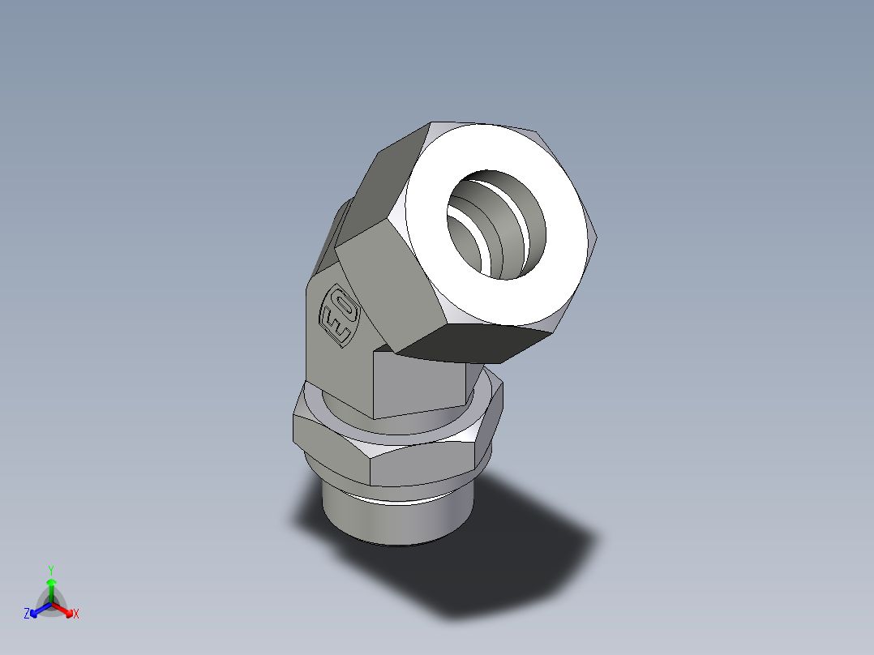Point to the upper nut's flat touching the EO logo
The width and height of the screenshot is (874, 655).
389,284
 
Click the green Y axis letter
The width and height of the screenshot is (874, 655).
50,569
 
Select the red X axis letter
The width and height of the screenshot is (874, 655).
75,614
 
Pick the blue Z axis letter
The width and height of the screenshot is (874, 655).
27,614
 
